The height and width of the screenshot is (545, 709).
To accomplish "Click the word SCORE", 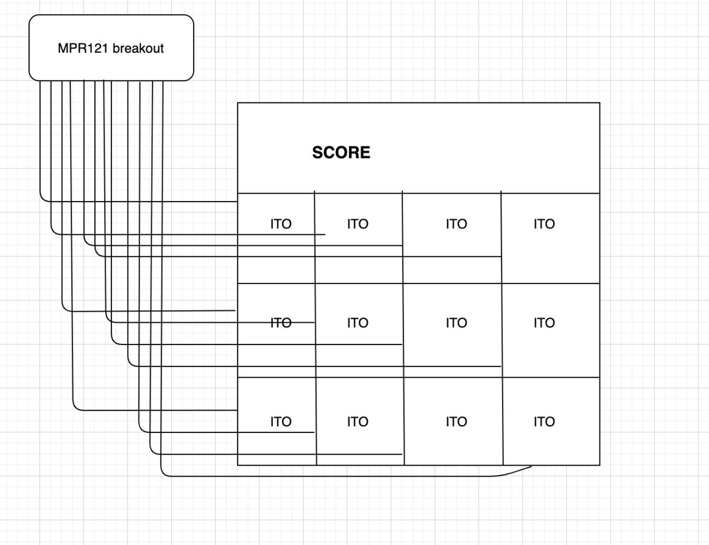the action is click(341, 153).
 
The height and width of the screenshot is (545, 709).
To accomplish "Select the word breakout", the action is click(138, 48).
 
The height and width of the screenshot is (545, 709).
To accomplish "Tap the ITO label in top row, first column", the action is click(281, 224).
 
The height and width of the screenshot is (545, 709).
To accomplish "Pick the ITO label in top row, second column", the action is click(358, 224).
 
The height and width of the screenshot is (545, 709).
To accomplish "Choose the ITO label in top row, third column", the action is click(456, 224).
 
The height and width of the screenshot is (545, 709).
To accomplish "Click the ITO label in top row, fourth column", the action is click(544, 224).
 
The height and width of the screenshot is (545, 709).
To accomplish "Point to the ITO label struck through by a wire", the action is click(281, 323).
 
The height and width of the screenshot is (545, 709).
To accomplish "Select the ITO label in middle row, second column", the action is click(358, 323).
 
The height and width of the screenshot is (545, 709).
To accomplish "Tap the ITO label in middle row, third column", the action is click(456, 323).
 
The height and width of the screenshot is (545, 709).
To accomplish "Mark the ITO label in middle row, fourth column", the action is click(544, 323).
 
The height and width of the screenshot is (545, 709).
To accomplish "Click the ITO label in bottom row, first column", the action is click(281, 422).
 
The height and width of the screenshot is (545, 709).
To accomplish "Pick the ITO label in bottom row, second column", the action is click(358, 422).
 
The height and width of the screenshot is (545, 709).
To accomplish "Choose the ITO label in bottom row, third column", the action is click(456, 422).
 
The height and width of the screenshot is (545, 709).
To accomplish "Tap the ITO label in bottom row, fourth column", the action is click(544, 422).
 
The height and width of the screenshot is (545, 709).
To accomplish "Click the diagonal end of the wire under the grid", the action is click(531, 466).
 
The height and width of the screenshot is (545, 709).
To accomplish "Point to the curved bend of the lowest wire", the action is click(163, 474).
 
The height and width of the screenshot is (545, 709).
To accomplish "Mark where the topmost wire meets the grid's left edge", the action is click(238, 202).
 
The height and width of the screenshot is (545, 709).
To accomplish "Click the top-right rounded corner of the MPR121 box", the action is click(191, 18).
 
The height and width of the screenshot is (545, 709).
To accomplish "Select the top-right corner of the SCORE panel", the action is click(600, 103).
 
